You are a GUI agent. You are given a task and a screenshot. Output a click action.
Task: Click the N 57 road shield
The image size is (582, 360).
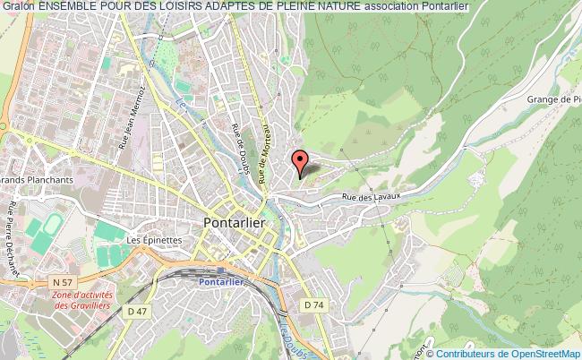coord(62,282)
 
